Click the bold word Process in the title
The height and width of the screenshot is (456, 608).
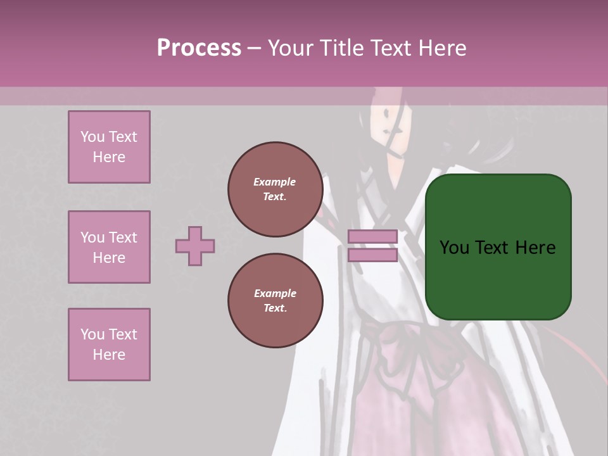point(199,47)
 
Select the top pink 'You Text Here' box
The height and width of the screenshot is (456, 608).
point(109,147)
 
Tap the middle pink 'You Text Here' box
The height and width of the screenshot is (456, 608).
point(109,247)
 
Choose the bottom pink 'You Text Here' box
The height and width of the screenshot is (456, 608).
point(109,345)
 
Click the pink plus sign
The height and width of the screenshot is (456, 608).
point(195,246)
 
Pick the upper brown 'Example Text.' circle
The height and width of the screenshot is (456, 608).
point(275,189)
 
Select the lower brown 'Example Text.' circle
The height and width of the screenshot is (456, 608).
point(275,301)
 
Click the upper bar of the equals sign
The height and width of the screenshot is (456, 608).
point(372,236)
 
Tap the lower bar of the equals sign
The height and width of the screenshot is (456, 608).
point(372,255)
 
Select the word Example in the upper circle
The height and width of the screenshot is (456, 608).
point(275,182)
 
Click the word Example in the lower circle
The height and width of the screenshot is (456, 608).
point(275,293)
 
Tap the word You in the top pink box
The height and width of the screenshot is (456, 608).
point(92,137)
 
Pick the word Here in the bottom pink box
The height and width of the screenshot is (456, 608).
point(109,355)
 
